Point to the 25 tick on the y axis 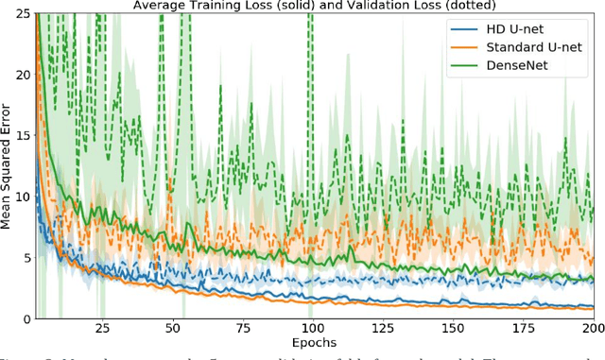22,13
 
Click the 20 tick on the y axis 22,75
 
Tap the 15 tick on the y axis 22,136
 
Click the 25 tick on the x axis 101,330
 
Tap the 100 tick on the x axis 311,330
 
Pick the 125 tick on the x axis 382,330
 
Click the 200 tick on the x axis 590,330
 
